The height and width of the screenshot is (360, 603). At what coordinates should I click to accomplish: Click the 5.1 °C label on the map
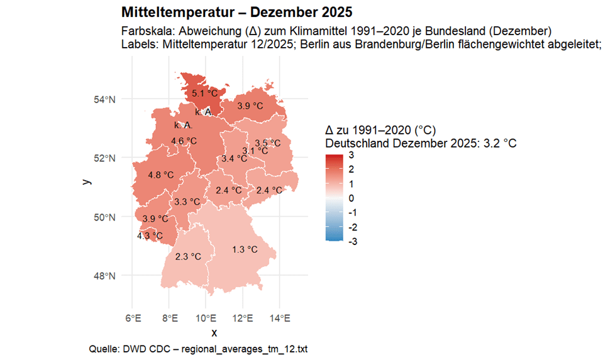point(204,94)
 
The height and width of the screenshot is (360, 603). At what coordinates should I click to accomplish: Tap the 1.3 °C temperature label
point(245,249)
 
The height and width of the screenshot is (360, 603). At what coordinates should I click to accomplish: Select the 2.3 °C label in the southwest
point(188,256)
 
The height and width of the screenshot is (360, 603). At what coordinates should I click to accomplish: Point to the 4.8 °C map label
point(160,175)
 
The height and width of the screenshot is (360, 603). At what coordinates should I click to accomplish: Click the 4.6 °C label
point(184,141)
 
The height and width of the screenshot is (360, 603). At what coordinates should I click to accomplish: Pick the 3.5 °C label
point(267,143)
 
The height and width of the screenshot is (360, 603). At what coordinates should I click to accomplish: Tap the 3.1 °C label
point(255,151)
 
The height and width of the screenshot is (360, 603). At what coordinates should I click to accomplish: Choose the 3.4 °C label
point(234,158)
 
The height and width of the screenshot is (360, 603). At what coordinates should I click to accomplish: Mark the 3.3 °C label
point(187,202)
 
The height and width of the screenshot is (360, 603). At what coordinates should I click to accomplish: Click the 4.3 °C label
point(150,236)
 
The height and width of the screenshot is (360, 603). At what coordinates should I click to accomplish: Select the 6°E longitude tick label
point(132,318)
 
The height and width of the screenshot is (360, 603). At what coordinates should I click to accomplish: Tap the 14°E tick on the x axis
point(280,318)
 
